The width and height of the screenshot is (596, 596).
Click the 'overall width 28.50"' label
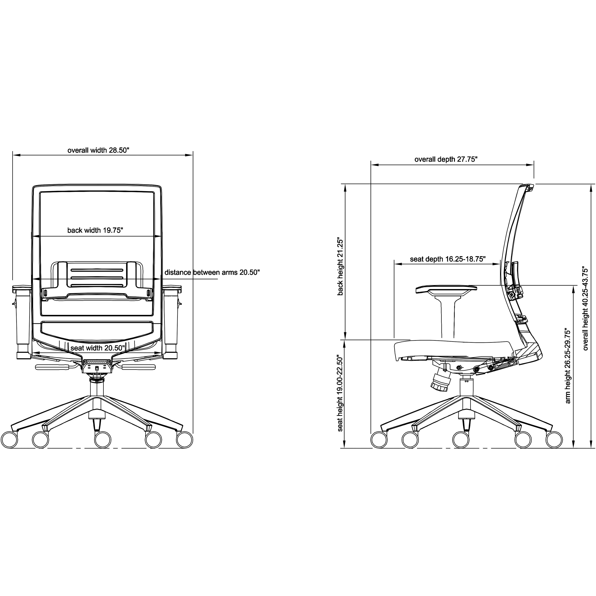tap(98, 150)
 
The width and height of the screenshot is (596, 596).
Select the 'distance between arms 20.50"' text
tap(212, 272)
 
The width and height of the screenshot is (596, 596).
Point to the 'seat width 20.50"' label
tap(98, 348)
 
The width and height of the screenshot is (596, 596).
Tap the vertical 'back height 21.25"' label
tap(340, 266)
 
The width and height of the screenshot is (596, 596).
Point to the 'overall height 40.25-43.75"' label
tap(585, 309)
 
